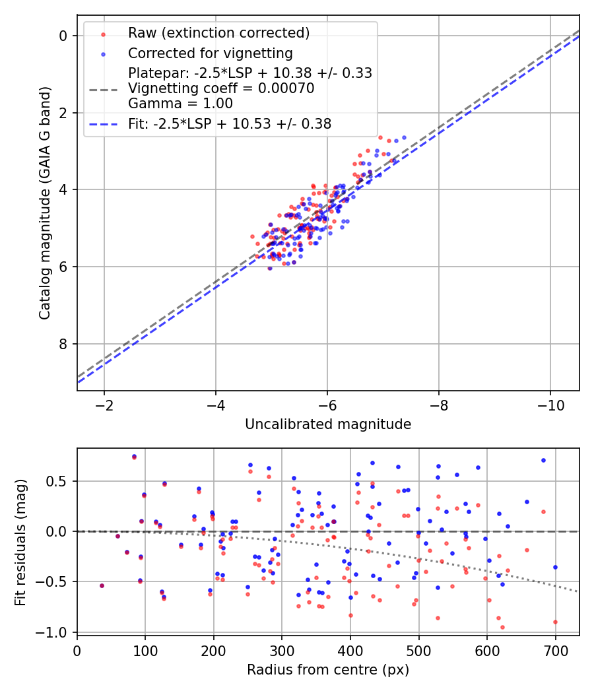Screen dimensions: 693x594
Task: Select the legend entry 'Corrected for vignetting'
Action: coord(211,53)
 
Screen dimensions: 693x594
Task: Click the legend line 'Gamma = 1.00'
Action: coord(180,104)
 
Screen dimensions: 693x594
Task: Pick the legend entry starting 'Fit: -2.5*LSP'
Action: coord(230,123)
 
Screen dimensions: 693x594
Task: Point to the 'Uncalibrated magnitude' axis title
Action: coord(328,424)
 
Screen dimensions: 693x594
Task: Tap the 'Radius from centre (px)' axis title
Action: coord(328,670)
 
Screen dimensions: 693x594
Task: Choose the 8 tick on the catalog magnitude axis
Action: coord(63,344)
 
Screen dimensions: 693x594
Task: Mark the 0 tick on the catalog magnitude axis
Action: coord(63,36)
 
